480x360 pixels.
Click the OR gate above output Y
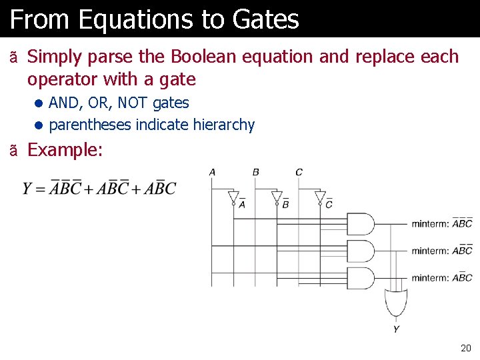click(x=396, y=303)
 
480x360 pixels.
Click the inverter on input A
click(x=233, y=197)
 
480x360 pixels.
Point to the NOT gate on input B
click(x=277, y=197)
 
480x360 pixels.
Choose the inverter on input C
click(x=320, y=197)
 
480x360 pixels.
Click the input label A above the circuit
click(x=212, y=172)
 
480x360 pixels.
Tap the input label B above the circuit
click(x=255, y=172)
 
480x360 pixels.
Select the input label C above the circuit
click(x=299, y=172)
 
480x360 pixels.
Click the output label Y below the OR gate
click(x=396, y=329)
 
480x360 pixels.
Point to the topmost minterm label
click(x=441, y=223)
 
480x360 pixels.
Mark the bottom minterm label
click(x=441, y=277)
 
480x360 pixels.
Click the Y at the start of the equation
click(x=27, y=189)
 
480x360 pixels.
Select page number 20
click(x=465, y=348)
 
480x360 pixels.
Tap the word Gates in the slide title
click(x=266, y=20)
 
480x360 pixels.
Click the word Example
click(x=65, y=150)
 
